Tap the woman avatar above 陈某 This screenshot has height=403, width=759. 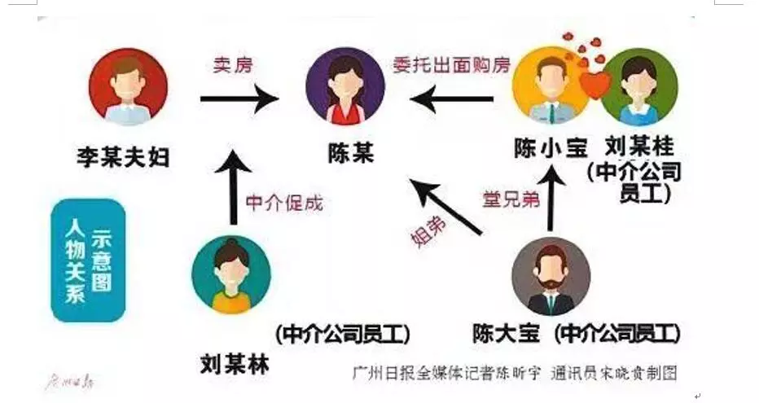click(344, 85)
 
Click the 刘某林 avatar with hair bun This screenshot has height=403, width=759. click(230, 275)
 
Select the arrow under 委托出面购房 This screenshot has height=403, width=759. click(451, 99)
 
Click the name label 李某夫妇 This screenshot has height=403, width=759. click(124, 156)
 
